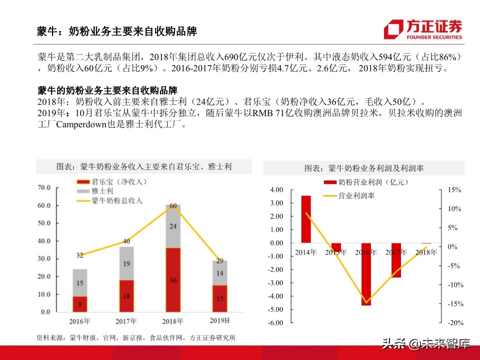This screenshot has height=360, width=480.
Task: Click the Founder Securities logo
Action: pos(423,29)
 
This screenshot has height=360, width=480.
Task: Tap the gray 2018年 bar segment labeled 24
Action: pos(173,226)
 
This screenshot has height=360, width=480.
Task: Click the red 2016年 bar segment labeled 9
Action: pos(79,303)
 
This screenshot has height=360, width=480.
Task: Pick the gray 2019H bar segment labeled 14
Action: pos(219,273)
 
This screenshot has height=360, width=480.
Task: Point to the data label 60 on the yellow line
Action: pos(173,206)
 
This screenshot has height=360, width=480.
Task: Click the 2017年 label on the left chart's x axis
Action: pos(126,321)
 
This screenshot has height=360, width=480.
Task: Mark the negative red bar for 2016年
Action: pos(366,274)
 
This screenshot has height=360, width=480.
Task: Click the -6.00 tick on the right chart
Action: pos(276,322)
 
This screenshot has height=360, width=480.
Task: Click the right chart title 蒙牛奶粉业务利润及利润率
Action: pos(364,168)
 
